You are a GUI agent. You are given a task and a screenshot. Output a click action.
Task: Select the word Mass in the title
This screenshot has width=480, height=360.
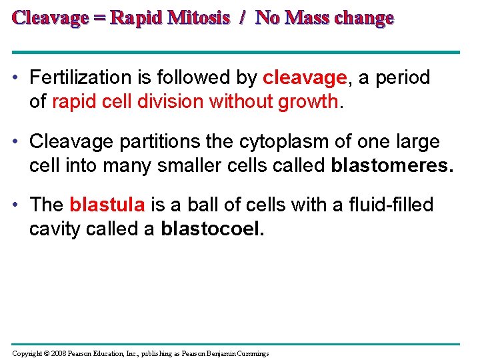pos(307,18)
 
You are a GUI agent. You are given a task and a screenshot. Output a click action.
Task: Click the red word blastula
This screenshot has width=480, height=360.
pos(107,205)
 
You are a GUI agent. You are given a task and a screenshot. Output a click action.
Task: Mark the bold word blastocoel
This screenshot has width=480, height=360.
pos(213,229)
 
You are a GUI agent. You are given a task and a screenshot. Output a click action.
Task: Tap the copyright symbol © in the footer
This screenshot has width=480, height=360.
pos(43,353)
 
